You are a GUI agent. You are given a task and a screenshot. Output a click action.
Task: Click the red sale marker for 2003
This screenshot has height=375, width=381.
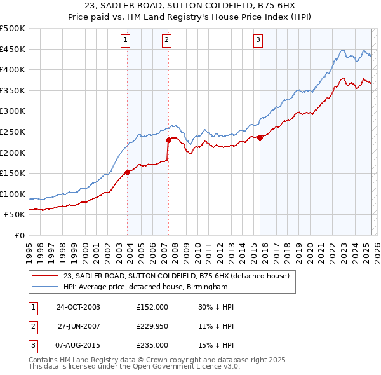tap(128, 172)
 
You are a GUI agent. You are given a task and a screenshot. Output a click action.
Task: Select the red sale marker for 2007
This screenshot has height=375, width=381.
tap(168, 140)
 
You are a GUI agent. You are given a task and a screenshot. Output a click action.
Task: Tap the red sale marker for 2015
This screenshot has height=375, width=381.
tap(260, 138)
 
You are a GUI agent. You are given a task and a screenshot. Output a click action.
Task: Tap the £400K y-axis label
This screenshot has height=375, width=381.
tap(13, 69)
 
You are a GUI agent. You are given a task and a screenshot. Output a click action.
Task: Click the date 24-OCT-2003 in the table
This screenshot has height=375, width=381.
tap(79, 307)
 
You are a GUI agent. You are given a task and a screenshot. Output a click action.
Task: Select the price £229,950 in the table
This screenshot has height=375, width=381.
tap(152, 326)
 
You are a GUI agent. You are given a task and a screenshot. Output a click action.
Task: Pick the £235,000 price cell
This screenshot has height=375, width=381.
tap(152, 345)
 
